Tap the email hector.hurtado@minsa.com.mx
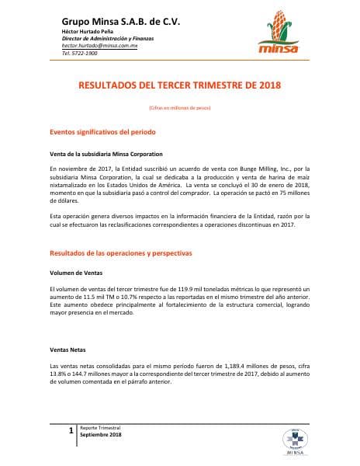coord(99,46)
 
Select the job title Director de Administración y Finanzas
coord(106,39)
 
